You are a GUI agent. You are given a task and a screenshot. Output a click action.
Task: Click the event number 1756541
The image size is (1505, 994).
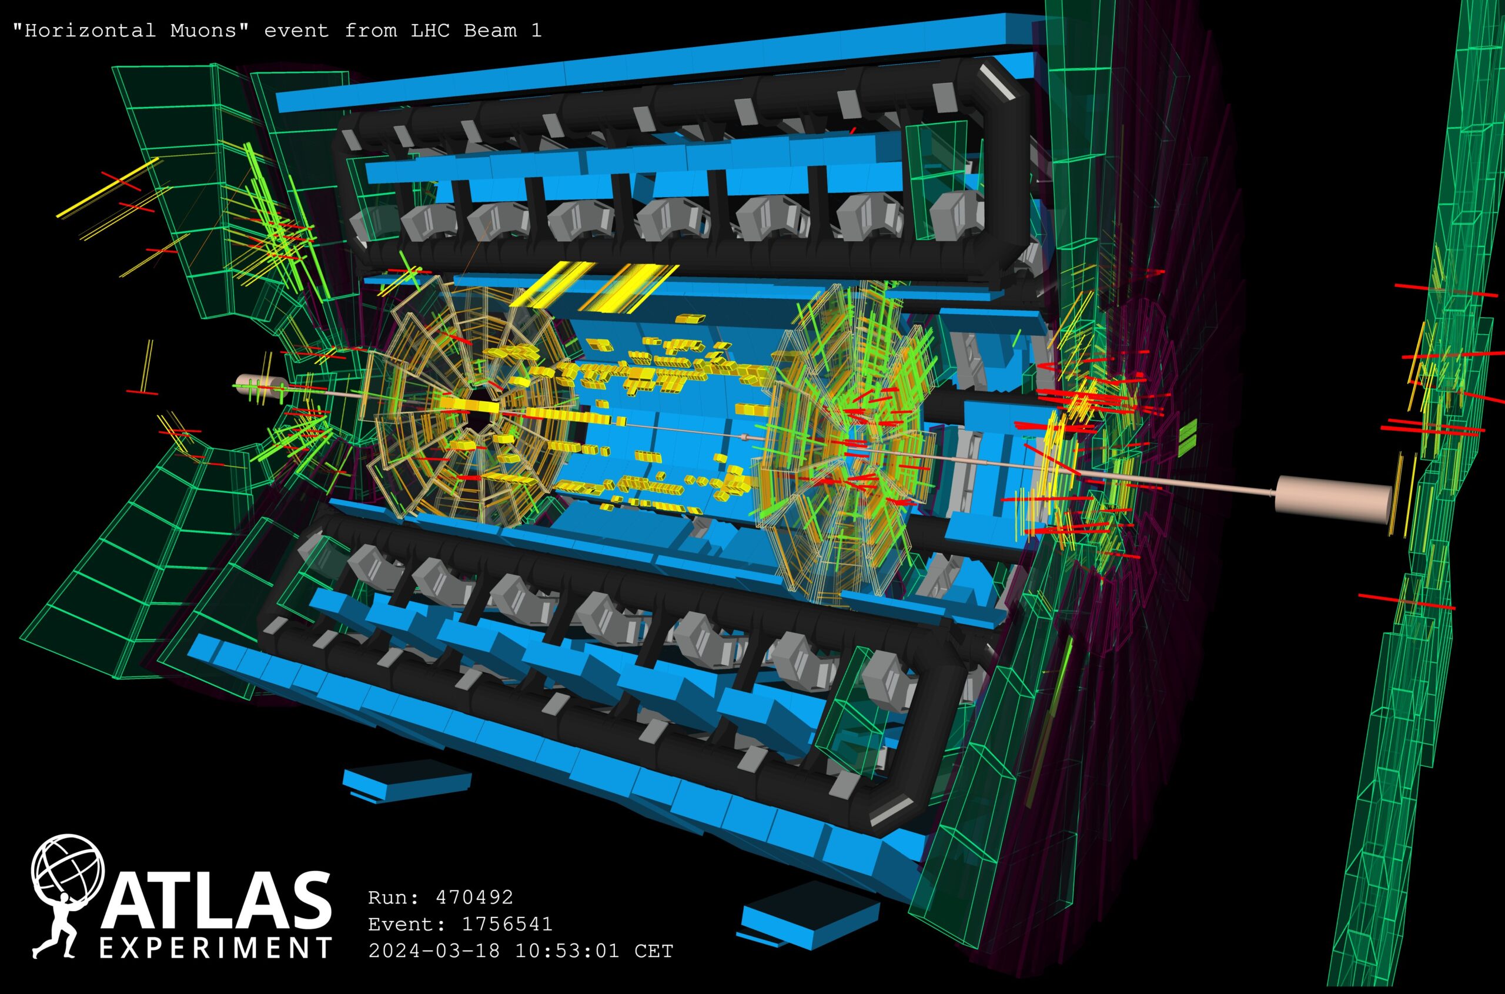pos(507,923)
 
